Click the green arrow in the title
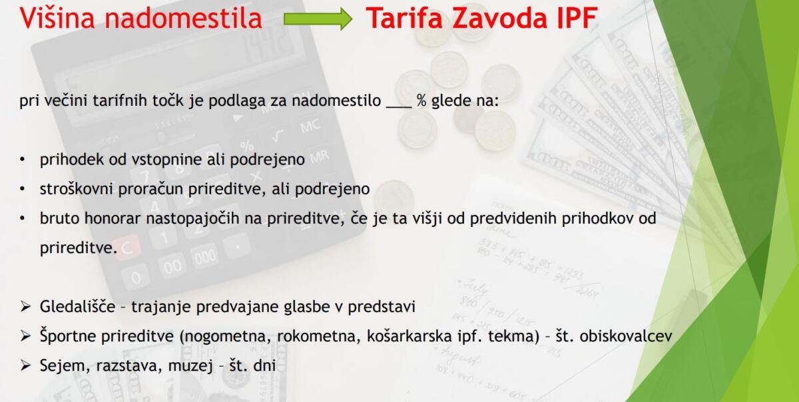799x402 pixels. point(318,19)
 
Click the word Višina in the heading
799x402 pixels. point(57,18)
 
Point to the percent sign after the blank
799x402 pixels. point(421,100)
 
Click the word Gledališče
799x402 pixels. point(77,306)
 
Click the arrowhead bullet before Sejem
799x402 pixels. point(25,365)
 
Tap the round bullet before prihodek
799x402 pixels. point(23,160)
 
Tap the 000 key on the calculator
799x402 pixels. point(205,256)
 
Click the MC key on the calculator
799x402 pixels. point(310,126)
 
